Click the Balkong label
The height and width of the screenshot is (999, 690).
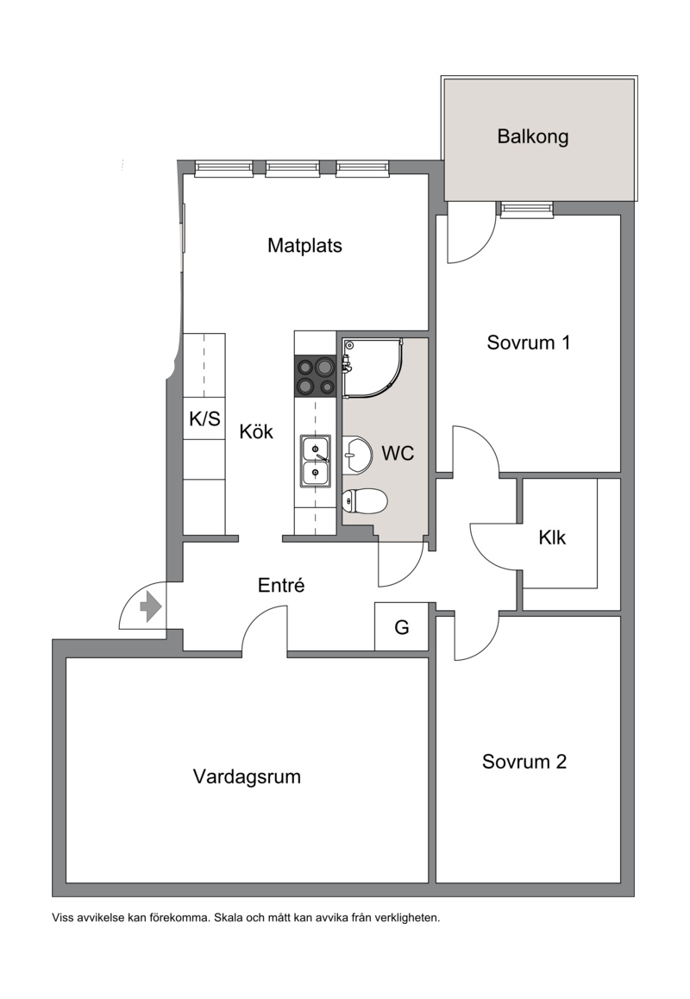[533, 137]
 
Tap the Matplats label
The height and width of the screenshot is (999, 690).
[304, 246]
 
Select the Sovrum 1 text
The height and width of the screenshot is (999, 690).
[528, 342]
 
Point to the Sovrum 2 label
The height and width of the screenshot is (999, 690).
[524, 762]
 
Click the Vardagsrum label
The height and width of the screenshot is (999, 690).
[247, 777]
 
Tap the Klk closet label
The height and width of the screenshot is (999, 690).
[552, 537]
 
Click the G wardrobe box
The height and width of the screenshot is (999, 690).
[401, 627]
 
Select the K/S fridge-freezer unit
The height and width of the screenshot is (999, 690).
[204, 418]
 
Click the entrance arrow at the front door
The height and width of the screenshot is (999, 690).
[150, 606]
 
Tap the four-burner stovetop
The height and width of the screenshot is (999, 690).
[316, 376]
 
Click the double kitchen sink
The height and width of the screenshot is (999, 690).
[316, 462]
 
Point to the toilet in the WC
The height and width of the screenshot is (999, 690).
[365, 500]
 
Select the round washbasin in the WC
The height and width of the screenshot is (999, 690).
[357, 455]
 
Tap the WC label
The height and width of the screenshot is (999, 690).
[398, 454]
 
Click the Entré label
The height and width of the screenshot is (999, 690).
[281, 586]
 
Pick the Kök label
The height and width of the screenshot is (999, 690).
[256, 432]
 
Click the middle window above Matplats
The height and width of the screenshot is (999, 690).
[292, 168]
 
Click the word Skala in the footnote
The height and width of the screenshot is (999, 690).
[228, 919]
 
